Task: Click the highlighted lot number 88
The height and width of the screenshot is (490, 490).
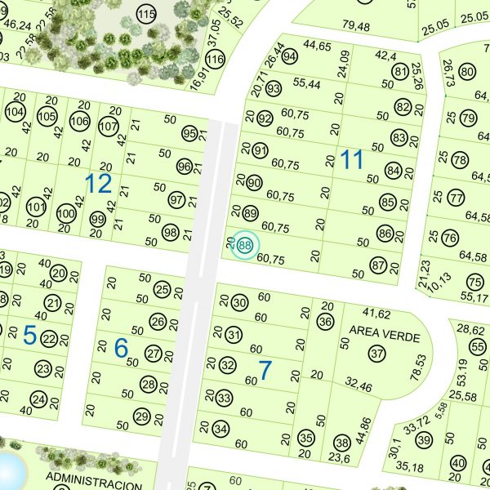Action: click(245, 244)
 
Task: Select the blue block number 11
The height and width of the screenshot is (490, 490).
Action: click(351, 159)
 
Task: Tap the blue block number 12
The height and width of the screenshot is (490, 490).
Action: click(98, 183)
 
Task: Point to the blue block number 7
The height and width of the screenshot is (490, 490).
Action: click(265, 370)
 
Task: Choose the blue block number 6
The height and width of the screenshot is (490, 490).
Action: click(121, 348)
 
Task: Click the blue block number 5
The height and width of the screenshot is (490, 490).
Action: click(29, 334)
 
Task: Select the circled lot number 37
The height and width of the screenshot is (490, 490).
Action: click(376, 354)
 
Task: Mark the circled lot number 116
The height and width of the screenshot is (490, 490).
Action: click(215, 60)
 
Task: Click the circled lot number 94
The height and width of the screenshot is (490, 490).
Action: click(289, 57)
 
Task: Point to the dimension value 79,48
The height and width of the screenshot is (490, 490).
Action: click(356, 27)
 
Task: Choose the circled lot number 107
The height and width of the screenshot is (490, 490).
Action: click(108, 127)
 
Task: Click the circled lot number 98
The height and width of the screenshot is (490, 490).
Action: click(170, 232)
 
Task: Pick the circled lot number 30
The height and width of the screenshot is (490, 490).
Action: click(239, 303)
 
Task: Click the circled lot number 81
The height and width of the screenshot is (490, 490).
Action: click(400, 72)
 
